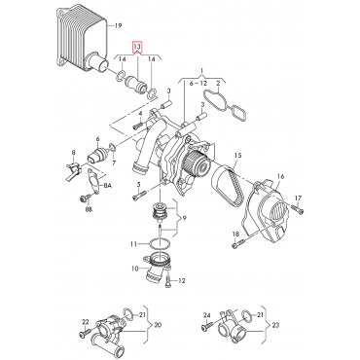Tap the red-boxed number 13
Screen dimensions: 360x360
pos(138,47)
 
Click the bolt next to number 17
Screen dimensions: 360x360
pos(301,212)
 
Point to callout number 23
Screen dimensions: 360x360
pos(277,325)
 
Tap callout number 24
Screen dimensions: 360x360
pos(207,313)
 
